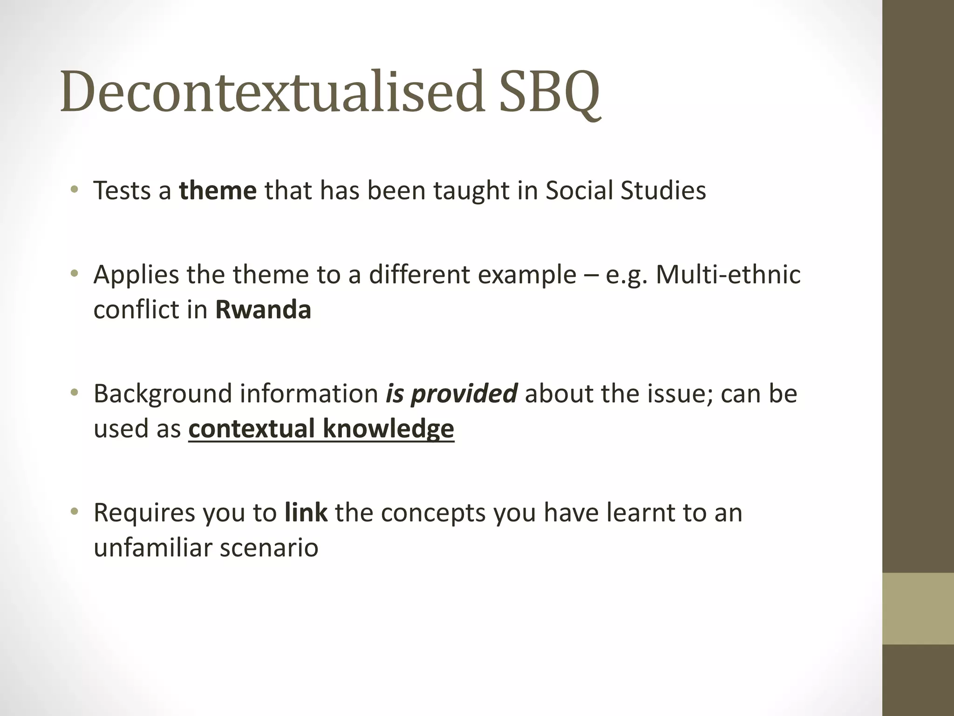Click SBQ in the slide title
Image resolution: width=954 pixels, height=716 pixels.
[x=549, y=92]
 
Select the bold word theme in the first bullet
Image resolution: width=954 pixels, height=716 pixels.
[x=218, y=191]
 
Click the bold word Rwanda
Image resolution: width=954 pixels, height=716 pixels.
[x=263, y=310]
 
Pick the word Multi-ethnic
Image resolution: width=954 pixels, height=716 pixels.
[x=728, y=275]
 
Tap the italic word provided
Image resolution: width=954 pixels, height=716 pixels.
[x=464, y=394]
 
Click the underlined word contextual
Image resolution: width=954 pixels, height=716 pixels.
[x=252, y=429]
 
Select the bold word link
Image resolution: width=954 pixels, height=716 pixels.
[x=306, y=513]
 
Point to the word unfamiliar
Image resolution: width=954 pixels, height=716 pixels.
[x=152, y=548]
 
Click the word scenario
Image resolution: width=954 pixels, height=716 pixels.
[x=269, y=548]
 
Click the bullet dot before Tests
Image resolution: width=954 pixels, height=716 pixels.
[x=74, y=190]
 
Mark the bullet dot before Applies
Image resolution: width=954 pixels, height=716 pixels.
[x=74, y=274]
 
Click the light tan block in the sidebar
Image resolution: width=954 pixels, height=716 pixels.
[x=918, y=608]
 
